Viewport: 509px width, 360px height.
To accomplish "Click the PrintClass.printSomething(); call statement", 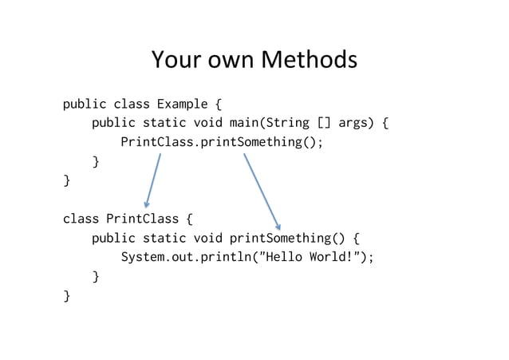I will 222,142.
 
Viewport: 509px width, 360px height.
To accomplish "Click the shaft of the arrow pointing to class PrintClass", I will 154,179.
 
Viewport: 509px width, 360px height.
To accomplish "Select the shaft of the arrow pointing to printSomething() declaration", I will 260,188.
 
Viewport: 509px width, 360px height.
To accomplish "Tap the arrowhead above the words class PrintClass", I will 147,204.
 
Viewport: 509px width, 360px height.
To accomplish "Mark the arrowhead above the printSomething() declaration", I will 278,225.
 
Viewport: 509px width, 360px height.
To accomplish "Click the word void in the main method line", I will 207,123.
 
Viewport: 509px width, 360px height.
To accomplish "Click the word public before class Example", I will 85,104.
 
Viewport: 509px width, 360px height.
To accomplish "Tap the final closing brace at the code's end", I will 66,296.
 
